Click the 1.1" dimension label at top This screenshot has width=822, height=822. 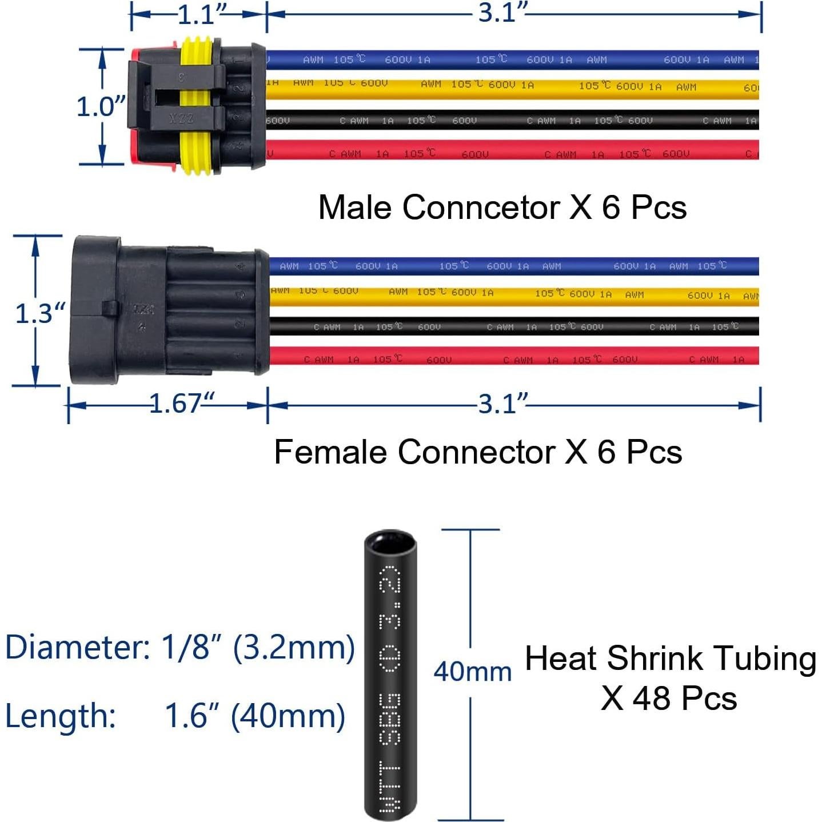pyautogui.click(x=201, y=14)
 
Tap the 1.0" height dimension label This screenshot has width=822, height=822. pyautogui.click(x=101, y=107)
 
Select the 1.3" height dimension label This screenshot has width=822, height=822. pyautogui.click(x=40, y=313)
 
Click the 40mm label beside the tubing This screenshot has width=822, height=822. pyautogui.click(x=472, y=672)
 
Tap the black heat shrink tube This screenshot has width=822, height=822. pyautogui.click(x=390, y=686)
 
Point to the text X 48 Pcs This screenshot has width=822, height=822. pyautogui.click(x=669, y=699)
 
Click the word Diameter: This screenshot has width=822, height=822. pyautogui.click(x=77, y=648)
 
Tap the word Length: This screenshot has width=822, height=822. pyautogui.click(x=61, y=716)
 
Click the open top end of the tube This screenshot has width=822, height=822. pyautogui.click(x=390, y=540)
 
